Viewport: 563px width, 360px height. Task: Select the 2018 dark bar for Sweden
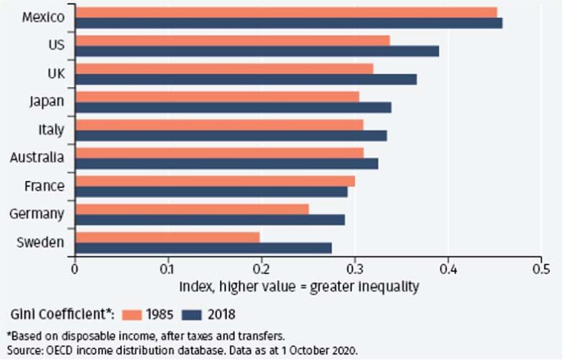point(203,247)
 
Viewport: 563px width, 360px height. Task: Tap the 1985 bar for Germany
point(192,209)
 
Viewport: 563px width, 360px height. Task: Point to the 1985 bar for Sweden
point(167,237)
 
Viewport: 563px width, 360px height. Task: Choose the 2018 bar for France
point(211,192)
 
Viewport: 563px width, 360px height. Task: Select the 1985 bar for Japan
point(217,97)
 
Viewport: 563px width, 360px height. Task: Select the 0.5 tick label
point(541,267)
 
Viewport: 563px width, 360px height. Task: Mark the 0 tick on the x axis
point(75,267)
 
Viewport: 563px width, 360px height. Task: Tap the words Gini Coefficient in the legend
point(58,314)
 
